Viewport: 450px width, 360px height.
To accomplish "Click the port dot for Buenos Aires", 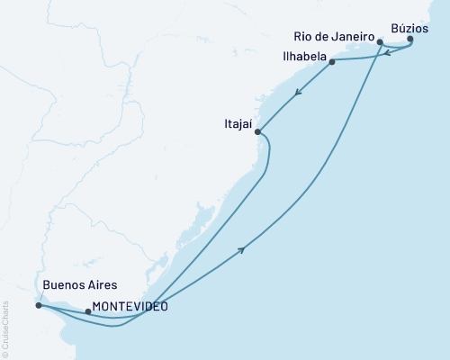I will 38,305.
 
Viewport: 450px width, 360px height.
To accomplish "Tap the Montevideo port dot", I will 87,311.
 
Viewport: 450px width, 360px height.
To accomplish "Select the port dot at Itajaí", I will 258,132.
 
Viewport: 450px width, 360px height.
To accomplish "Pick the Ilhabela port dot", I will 332,62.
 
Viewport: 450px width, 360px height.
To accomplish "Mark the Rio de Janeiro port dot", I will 381,41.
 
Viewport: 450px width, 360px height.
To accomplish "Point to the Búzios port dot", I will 410,39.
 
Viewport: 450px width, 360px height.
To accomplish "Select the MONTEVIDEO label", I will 130,306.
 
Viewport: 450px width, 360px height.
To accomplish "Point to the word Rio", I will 305,36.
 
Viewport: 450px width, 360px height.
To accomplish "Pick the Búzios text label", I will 417,27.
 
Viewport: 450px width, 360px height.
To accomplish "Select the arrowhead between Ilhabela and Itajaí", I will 297,91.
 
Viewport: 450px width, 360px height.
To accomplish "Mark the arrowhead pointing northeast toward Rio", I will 242,250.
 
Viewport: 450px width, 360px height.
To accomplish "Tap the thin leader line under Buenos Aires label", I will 35,298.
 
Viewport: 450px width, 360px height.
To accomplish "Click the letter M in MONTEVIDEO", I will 97,306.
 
